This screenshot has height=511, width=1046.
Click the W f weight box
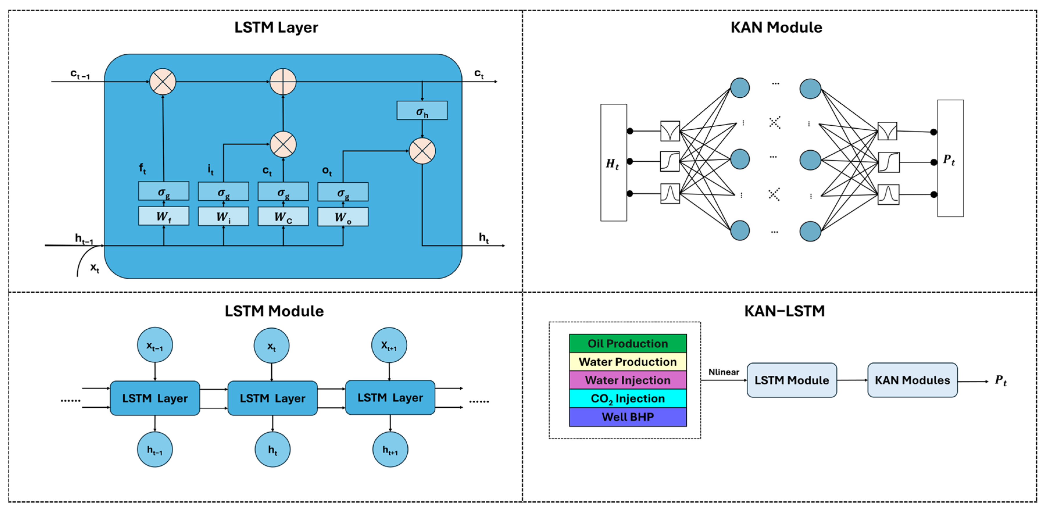[163, 216]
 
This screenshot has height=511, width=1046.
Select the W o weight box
[343, 217]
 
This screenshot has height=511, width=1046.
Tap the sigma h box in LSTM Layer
[422, 110]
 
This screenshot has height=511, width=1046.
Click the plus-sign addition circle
[283, 82]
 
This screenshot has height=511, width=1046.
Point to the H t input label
[612, 163]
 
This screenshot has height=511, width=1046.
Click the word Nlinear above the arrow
[723, 372]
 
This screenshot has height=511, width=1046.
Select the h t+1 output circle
[390, 450]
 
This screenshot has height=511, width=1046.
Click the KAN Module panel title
[776, 27]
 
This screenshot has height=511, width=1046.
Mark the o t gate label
[327, 171]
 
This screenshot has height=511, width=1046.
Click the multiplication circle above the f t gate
[163, 82]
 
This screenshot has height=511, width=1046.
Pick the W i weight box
[223, 217]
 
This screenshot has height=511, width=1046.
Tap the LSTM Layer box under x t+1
[390, 398]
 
